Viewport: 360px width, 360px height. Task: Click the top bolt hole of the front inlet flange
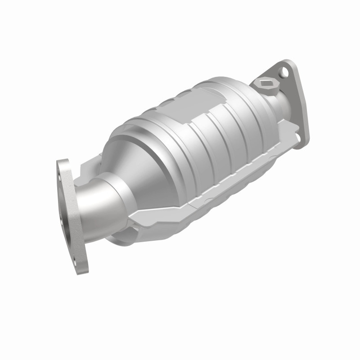[62, 168]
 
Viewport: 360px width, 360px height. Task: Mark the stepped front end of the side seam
[135, 220]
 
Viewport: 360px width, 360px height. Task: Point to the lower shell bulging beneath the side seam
[198, 211]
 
